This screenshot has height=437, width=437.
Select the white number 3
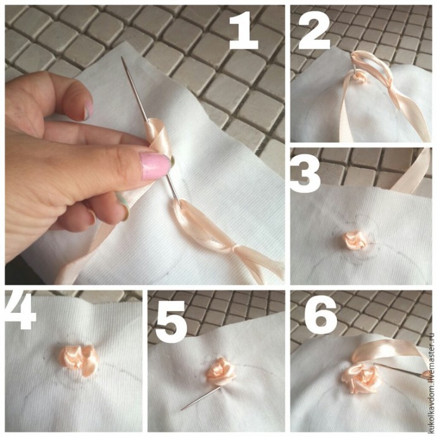pos(305,175)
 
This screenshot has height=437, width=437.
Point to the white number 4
pos(20,312)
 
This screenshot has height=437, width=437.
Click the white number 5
pos(171,322)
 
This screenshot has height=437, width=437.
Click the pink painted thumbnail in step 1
pos(155,166)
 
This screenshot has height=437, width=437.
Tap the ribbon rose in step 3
pos(354,240)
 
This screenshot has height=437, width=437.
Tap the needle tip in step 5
pos(182,409)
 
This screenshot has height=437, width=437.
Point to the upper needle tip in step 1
pos(122,57)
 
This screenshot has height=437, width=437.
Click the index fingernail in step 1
pos(88,110)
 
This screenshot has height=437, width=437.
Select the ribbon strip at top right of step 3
pos(412,170)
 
